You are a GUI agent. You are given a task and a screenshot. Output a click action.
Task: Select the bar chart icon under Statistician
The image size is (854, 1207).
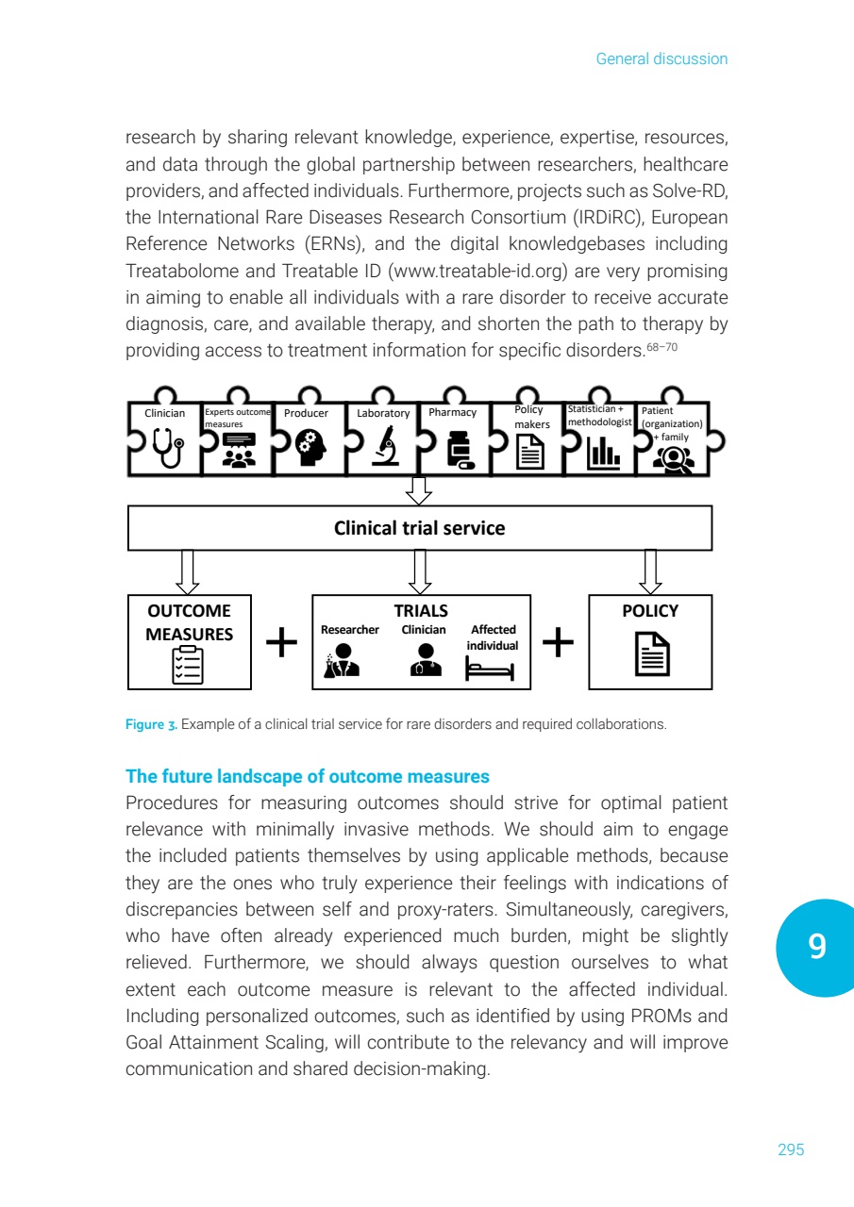tap(603, 454)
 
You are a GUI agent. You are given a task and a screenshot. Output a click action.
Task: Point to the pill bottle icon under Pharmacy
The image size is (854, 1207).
tap(460, 452)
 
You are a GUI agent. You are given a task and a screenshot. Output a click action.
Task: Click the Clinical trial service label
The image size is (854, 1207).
tap(420, 528)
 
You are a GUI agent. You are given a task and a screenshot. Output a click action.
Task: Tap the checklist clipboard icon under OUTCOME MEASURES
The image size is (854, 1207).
tap(189, 663)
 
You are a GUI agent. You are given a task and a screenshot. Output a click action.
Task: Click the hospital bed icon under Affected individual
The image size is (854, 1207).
tap(489, 668)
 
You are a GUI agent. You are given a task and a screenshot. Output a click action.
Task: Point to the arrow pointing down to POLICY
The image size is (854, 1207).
tap(650, 571)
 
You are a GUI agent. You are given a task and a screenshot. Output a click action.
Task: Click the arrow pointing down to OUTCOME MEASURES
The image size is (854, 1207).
tap(189, 571)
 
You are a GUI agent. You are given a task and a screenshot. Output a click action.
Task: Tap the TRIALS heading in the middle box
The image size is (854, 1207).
tap(421, 611)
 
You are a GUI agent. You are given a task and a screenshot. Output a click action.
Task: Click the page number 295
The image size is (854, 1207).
tap(791, 1149)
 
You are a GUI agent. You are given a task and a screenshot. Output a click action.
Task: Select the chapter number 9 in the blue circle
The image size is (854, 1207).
tap(817, 947)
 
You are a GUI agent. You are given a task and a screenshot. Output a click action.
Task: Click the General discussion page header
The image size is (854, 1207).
tap(661, 59)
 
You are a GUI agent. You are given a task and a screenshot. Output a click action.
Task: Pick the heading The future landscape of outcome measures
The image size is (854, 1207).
tap(308, 777)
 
